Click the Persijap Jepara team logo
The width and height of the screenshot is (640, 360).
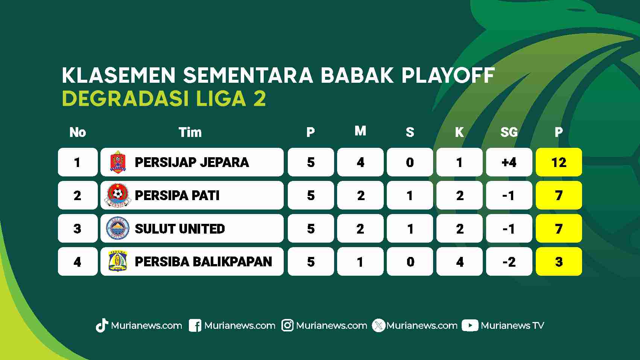coord(118,162)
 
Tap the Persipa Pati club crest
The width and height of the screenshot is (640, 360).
coord(117,196)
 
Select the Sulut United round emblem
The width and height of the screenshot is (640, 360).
coord(117,228)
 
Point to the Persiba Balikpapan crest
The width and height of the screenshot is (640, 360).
coord(118,261)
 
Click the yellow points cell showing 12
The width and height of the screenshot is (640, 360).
coord(559,162)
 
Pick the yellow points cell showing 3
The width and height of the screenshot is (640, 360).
coord(559,261)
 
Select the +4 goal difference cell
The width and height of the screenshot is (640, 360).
coord(509,162)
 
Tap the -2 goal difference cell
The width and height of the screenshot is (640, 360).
coord(509,261)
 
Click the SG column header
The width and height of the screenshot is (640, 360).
coord(509,132)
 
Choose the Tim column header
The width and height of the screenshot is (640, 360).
coord(190,132)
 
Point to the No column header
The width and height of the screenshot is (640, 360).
coord(78,132)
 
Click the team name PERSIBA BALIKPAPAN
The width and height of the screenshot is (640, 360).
coord(203,262)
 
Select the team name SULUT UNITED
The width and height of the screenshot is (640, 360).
coord(180,229)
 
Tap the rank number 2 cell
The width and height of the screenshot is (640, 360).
coord(78,196)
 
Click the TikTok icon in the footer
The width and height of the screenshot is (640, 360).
coord(102,325)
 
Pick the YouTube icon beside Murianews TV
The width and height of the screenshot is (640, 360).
coord(470,325)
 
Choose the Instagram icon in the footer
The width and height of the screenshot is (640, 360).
coord(287,325)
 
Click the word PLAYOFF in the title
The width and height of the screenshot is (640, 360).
coord(448,76)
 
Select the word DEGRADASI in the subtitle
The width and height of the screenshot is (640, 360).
coord(125,98)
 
